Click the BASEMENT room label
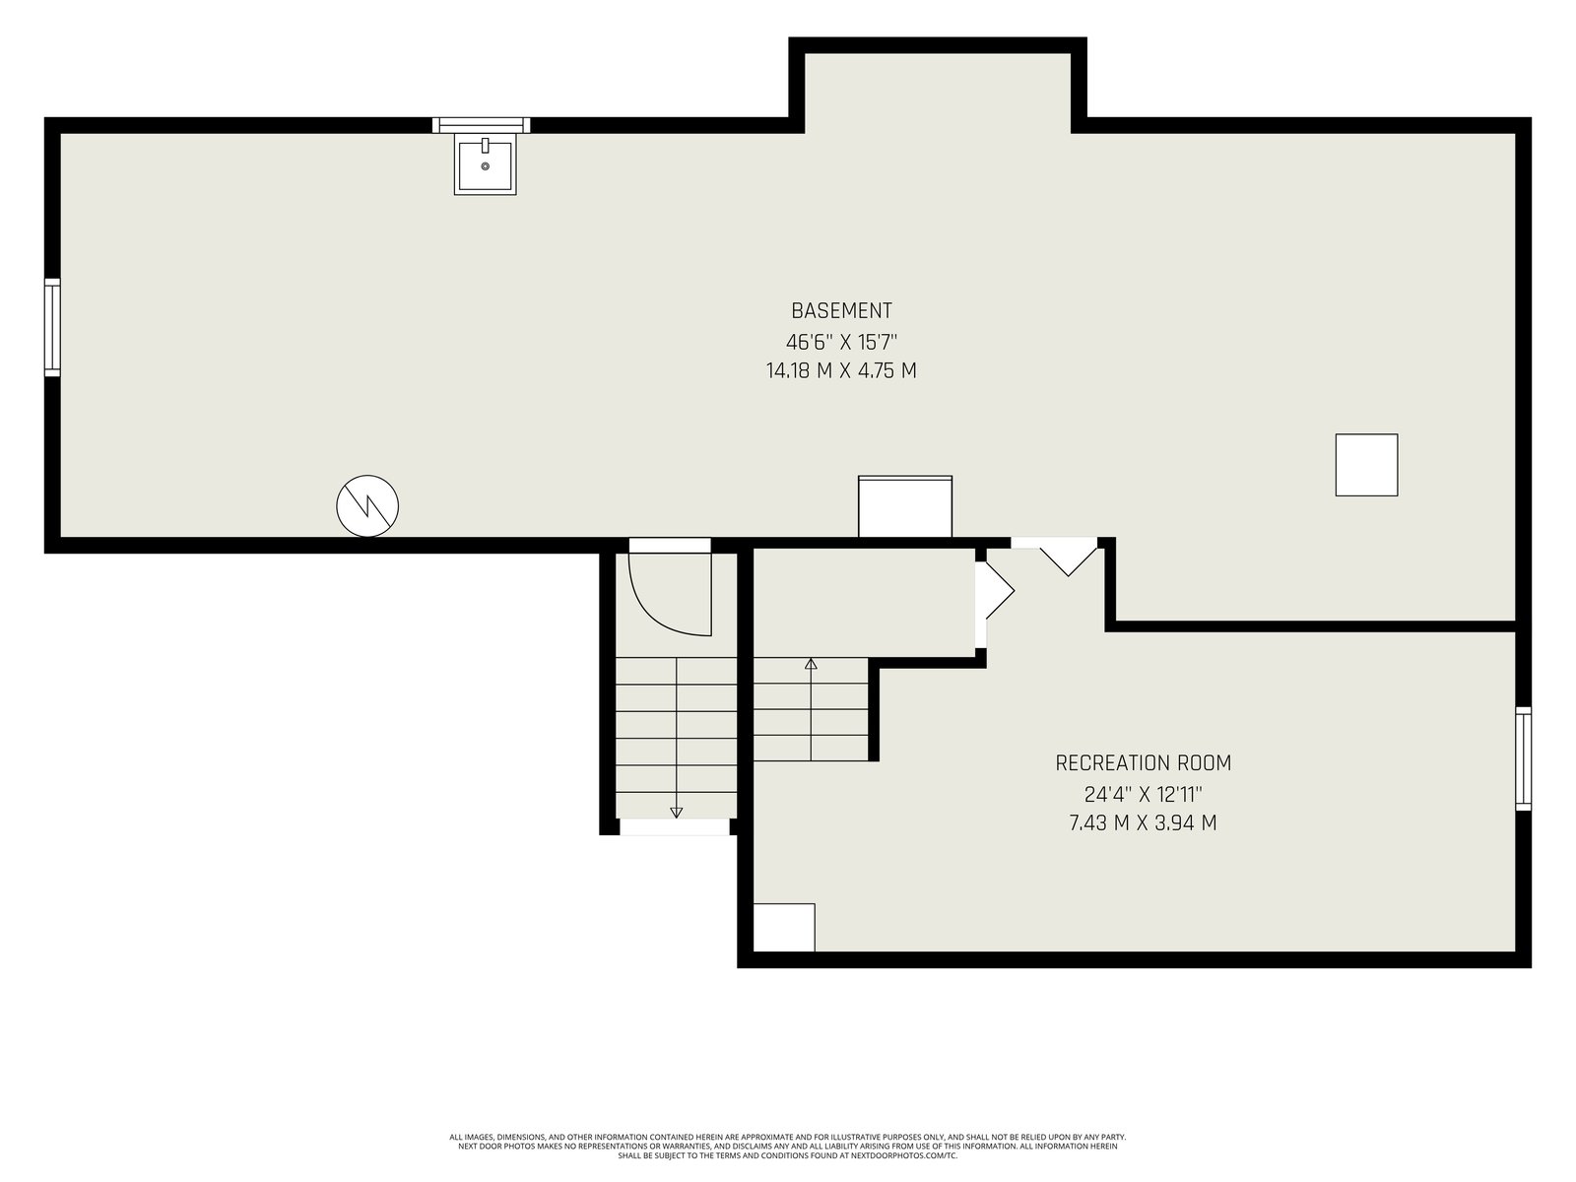[841, 310]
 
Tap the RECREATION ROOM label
[1143, 762]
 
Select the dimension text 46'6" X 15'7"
[841, 341]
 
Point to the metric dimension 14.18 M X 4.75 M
[841, 371]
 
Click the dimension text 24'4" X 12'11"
[1143, 795]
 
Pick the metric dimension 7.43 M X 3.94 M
[1143, 822]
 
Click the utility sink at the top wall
[485, 164]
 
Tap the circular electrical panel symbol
[367, 505]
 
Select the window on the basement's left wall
[52, 327]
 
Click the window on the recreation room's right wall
[1523, 758]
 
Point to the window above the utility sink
[481, 125]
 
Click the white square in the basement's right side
[1366, 465]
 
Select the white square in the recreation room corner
[784, 927]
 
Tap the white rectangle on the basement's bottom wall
[905, 506]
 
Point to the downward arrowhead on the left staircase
[677, 813]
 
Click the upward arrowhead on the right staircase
[812, 664]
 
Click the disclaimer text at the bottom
[788, 1147]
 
